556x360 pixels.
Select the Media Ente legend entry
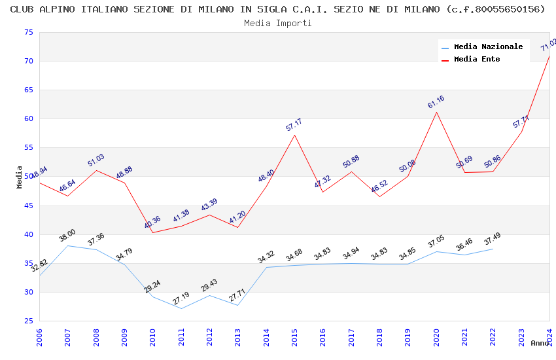tap(476, 60)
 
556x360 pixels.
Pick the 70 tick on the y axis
tap(28, 62)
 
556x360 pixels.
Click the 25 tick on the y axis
tap(28, 321)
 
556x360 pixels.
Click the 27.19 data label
tap(181, 298)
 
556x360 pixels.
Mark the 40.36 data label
tap(152, 222)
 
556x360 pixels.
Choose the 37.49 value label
tap(493, 238)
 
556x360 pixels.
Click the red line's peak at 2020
tap(436, 112)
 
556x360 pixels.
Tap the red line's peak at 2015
tap(294, 135)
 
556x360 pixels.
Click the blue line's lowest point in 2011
tap(181, 308)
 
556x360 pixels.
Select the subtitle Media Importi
tap(278, 23)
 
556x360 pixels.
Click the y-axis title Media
tap(20, 177)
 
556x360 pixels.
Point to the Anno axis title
tap(540, 343)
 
